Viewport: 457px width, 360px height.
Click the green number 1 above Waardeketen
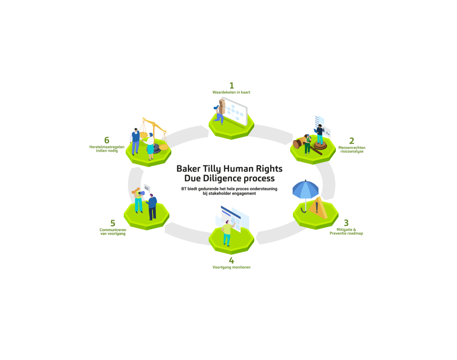click(231, 85)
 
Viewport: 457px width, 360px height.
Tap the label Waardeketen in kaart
click(231, 92)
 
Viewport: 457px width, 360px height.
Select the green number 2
click(352, 141)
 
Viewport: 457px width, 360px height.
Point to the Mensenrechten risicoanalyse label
click(352, 149)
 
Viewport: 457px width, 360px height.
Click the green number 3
click(346, 223)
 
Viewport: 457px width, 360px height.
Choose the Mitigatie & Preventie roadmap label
click(346, 231)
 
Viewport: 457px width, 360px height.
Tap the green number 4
click(231, 261)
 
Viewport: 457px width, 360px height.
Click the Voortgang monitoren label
click(231, 267)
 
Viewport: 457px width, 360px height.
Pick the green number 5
click(113, 223)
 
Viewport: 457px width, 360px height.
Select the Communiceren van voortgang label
click(113, 232)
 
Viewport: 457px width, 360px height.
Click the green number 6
click(107, 140)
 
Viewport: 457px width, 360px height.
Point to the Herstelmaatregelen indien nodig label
click(107, 149)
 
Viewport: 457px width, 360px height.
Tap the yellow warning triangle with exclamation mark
click(318, 208)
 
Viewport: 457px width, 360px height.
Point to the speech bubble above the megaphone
click(147, 188)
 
